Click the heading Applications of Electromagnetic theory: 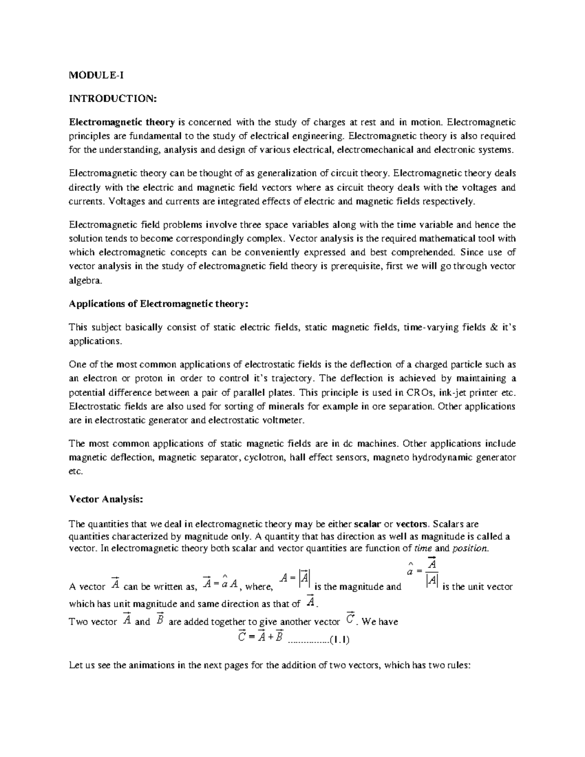coord(159,304)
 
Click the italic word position coord(469,548)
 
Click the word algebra coord(86,281)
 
